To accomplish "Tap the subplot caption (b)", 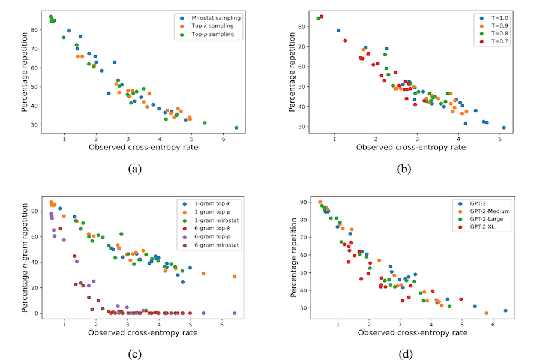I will point(406,169).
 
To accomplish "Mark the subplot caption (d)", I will point(406,353).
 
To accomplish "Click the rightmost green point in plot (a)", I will point(236,128).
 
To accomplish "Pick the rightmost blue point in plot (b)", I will point(503,128).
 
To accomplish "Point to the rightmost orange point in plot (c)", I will point(235,277).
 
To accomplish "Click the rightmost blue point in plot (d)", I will point(505,311).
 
